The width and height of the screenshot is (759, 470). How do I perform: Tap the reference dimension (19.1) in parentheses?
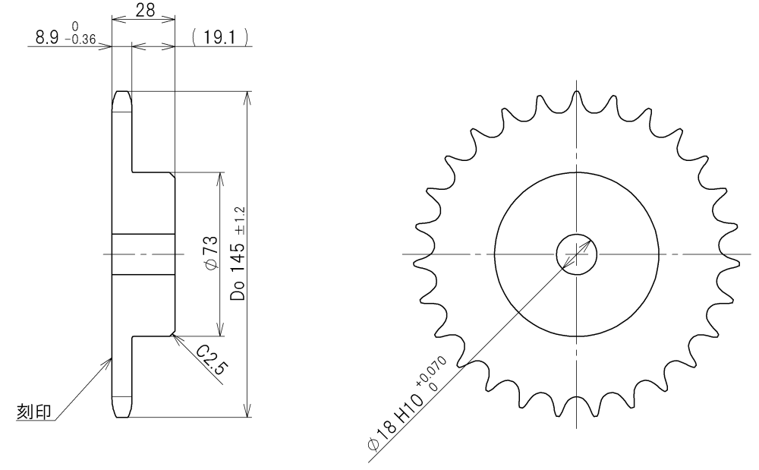click(x=221, y=36)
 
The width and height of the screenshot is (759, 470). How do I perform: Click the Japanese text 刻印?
click(x=34, y=412)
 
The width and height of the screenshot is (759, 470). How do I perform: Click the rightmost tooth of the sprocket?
click(x=735, y=253)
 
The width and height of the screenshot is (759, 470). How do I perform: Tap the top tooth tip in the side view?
click(x=121, y=95)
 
